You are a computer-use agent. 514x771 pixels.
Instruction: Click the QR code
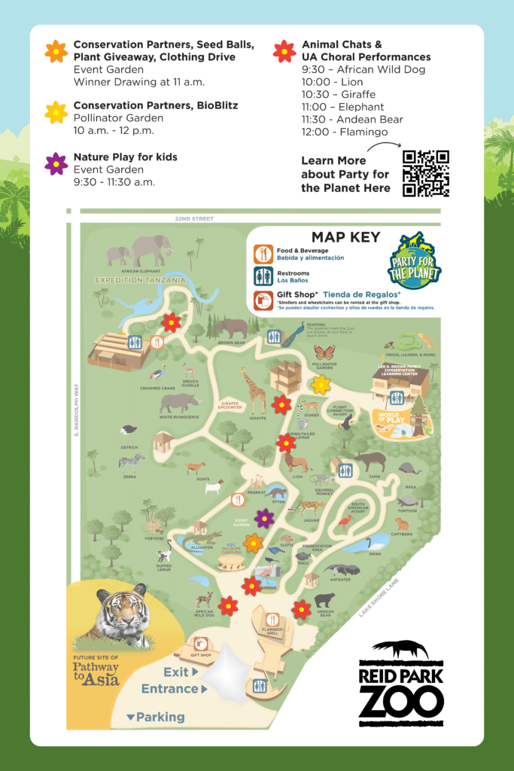tap(425, 173)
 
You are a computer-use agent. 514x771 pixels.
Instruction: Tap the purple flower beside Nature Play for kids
tap(56, 163)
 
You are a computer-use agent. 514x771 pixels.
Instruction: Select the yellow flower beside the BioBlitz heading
tap(56, 112)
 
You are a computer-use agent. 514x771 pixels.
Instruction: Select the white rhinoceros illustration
tap(178, 404)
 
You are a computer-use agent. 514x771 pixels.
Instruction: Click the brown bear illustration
tap(231, 328)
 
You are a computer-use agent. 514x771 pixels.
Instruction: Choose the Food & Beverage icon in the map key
tap(263, 253)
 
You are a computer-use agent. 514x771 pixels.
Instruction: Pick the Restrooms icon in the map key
tap(263, 277)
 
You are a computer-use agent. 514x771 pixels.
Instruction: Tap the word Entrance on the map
tap(170, 688)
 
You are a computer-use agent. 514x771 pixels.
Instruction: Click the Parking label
tap(160, 717)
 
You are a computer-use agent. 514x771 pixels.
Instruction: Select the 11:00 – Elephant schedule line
tap(342, 107)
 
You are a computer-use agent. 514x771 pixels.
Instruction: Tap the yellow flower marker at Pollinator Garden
tap(321, 384)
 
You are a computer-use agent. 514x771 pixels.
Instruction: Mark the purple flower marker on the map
tap(264, 518)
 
